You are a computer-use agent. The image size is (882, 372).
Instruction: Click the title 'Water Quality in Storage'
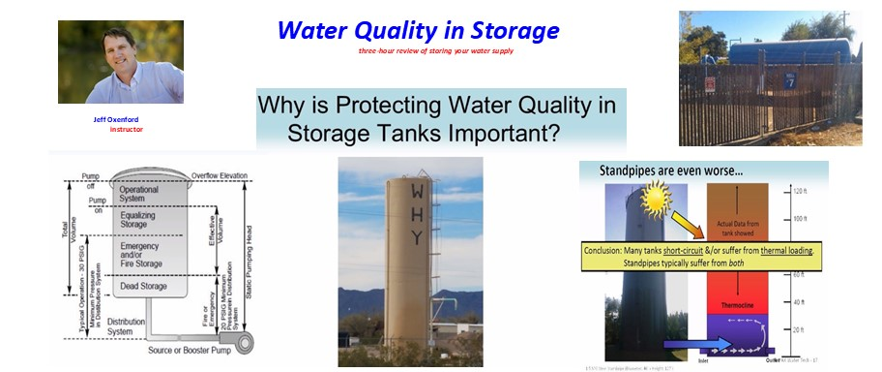418,30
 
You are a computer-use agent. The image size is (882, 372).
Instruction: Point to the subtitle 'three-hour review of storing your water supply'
435,50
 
